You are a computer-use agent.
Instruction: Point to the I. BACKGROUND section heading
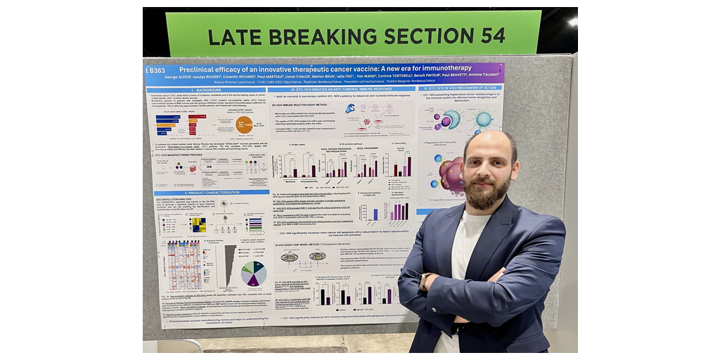tap(188, 90)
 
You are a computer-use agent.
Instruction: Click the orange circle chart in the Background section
tap(244, 124)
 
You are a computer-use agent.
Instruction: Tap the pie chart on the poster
tap(253, 274)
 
